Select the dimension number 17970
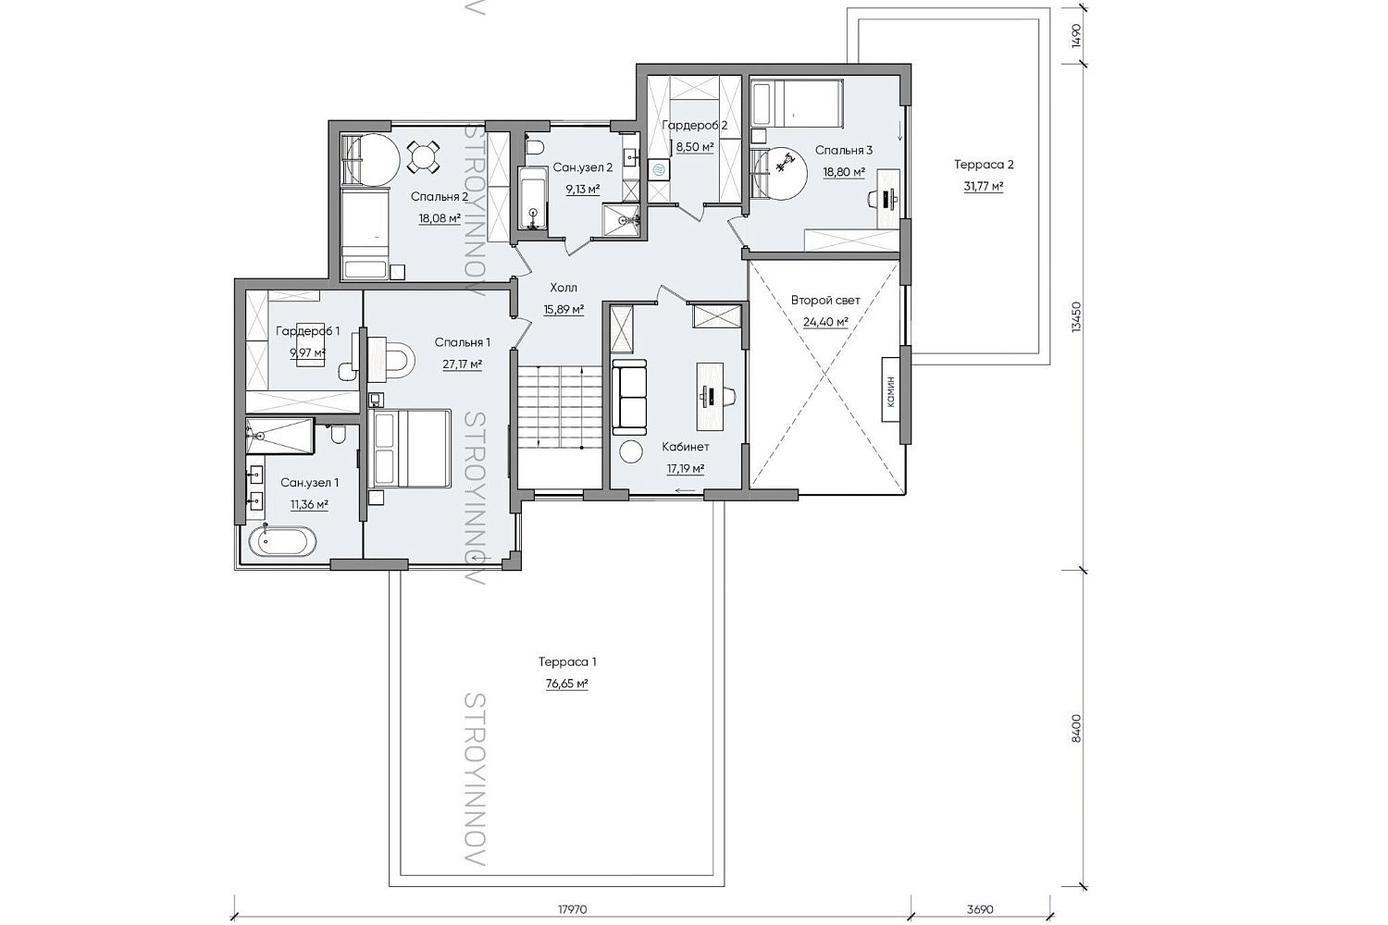pos(572,909)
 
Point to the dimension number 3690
pos(980,909)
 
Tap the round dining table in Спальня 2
pos(423,157)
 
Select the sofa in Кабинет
pos(629,397)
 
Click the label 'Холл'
pos(564,288)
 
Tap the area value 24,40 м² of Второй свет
pos(825,322)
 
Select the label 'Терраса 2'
pos(984,165)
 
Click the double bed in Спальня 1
pos(410,448)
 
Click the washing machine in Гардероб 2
pos(659,169)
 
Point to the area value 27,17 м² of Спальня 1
pos(462,364)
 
